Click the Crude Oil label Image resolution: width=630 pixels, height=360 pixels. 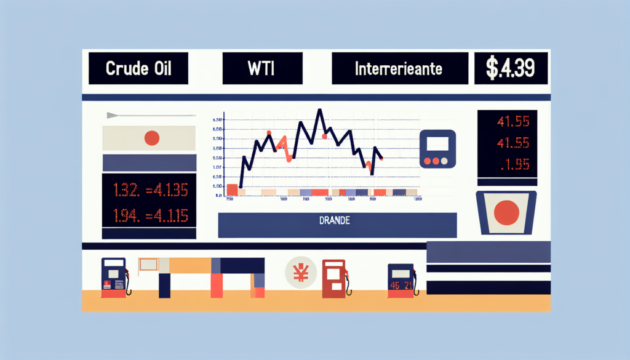coord(137,68)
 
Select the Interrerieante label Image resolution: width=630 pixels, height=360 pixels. coord(398,68)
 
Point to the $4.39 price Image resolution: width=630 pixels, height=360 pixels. coord(510,68)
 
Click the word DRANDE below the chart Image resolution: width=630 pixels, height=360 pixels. coord(337,220)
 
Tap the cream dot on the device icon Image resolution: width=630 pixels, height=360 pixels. coord(445,161)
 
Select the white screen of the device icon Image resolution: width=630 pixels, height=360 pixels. coord(437,143)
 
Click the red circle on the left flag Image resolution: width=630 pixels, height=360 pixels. coord(151,138)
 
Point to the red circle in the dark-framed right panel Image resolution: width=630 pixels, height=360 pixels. coord(507,212)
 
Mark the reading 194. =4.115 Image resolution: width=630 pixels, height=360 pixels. coord(150,216)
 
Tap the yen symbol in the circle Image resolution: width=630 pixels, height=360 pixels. coord(301,273)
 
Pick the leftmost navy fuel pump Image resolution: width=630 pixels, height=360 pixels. coord(114,278)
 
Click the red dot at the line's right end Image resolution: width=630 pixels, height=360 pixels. coord(382,159)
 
